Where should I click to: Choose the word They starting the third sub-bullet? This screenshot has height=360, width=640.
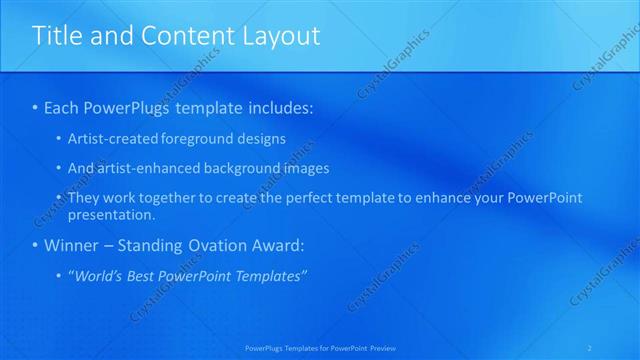tap(84, 198)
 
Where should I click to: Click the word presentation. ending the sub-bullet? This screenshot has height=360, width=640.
tap(112, 215)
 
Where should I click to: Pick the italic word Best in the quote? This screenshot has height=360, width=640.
tap(143, 276)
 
